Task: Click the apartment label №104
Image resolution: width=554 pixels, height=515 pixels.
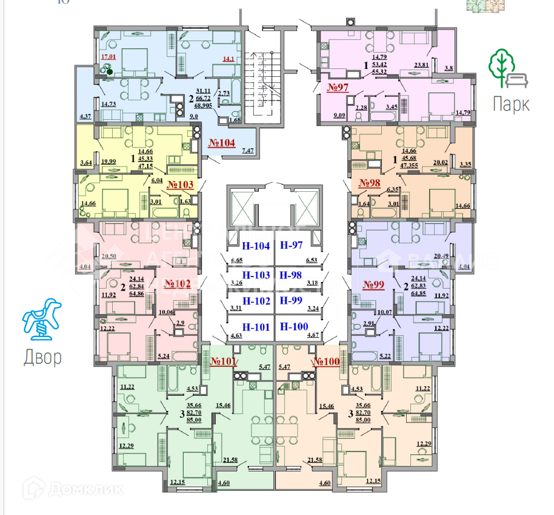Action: click(222, 143)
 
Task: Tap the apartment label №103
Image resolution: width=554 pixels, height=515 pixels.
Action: click(180, 185)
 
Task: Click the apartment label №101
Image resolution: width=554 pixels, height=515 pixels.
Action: click(224, 362)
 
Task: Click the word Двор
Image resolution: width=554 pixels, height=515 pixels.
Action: click(42, 358)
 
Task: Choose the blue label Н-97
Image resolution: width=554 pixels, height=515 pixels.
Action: click(291, 245)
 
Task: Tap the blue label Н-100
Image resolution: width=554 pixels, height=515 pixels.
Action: click(294, 327)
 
